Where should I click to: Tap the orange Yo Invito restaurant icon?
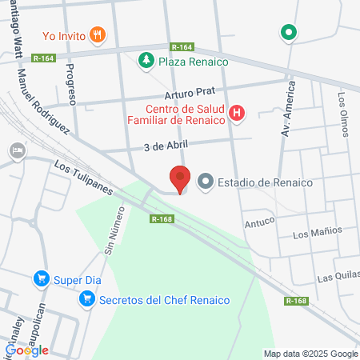click(98, 34)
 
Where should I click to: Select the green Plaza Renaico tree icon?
click(146, 61)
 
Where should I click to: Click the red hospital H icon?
click(237, 114)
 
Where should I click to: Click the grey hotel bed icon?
click(16, 150)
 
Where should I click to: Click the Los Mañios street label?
click(317, 232)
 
